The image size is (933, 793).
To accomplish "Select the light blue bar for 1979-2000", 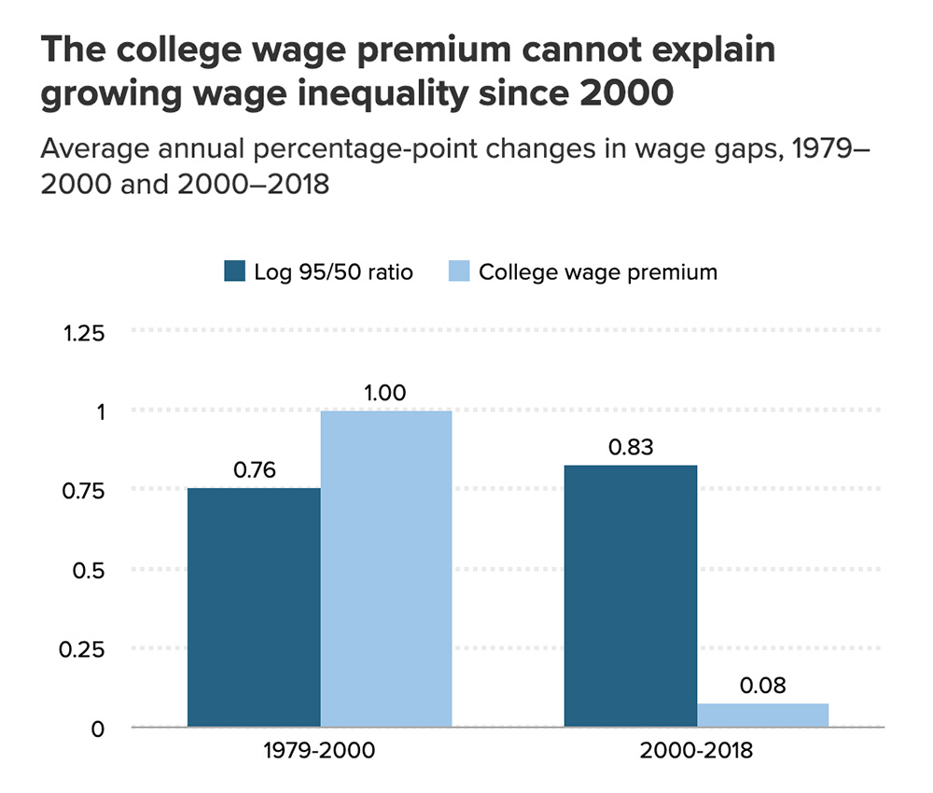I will pos(386,568).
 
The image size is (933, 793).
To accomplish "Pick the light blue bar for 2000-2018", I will pos(762,715).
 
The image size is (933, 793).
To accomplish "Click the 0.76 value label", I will pos(254,470).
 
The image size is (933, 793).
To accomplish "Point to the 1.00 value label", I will pos(385,393).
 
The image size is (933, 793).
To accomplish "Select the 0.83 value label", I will pos(631,447).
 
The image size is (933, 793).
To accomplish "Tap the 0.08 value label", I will pos(762,687).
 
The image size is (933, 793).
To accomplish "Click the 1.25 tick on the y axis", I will pos(85,333).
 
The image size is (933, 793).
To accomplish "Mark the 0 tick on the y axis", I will pos(98,729).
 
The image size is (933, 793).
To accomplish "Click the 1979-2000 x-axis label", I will pos(320,752).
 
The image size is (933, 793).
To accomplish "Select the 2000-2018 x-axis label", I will pos(696,752).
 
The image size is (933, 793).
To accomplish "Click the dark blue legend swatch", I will pos(234,271).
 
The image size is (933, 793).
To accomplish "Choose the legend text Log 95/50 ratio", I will pos(333,272).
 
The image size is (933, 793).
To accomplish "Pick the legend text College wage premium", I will pos(598,272).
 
